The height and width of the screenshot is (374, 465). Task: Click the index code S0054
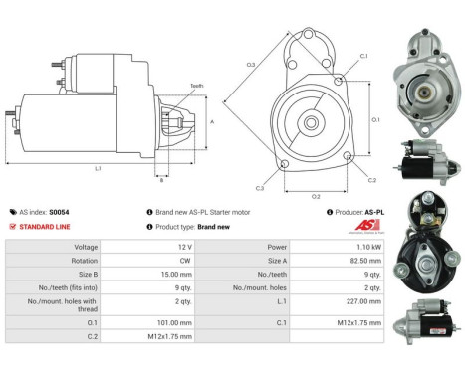59,212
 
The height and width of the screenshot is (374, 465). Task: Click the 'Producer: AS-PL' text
358,212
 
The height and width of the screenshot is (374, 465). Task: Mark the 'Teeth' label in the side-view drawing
196,87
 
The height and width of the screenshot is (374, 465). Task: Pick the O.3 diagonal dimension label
250,65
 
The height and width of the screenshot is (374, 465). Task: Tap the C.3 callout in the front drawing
260,187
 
